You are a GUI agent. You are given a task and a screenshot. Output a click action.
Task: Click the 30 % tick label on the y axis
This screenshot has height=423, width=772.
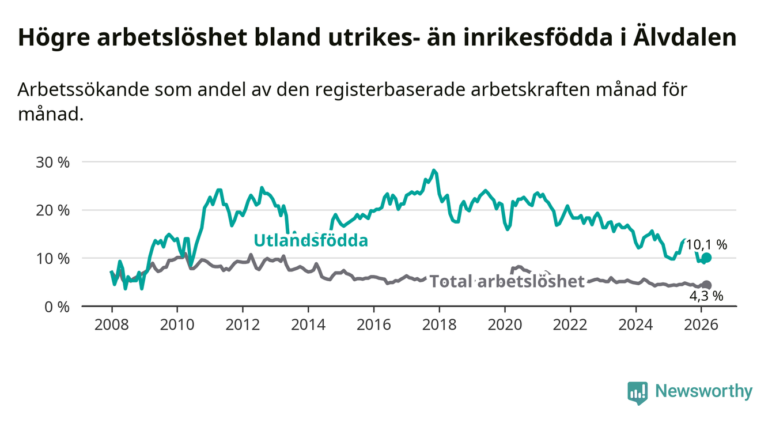pyautogui.click(x=52, y=162)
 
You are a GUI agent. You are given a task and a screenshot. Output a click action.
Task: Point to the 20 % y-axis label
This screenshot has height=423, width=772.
pyautogui.click(x=52, y=210)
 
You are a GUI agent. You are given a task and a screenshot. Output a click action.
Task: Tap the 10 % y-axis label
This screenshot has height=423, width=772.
pyautogui.click(x=52, y=258)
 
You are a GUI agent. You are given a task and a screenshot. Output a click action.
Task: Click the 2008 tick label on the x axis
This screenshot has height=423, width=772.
pyautogui.click(x=111, y=323)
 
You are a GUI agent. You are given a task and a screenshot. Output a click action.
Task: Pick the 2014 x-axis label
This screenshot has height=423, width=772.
pyautogui.click(x=308, y=323)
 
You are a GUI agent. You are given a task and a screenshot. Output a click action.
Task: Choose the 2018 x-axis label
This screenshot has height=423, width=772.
pyautogui.click(x=440, y=323)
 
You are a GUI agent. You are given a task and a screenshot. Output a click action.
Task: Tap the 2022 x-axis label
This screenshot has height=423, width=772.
pyautogui.click(x=570, y=323)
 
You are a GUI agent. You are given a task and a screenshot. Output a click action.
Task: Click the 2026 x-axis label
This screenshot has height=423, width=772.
pyautogui.click(x=702, y=323)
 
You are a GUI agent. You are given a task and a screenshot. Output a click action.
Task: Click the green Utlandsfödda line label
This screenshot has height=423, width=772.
pyautogui.click(x=311, y=240)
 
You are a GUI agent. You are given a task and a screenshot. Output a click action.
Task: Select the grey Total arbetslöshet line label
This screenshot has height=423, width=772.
pyautogui.click(x=508, y=281)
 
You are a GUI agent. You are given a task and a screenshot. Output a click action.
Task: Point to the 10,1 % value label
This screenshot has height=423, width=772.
pyautogui.click(x=706, y=244)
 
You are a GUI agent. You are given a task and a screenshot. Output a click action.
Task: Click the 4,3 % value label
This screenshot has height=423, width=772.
pyautogui.click(x=706, y=296)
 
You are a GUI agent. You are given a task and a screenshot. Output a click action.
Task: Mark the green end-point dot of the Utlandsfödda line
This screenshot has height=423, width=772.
pyautogui.click(x=707, y=258)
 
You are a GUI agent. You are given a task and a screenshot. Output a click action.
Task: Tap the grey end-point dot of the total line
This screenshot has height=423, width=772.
pyautogui.click(x=707, y=285)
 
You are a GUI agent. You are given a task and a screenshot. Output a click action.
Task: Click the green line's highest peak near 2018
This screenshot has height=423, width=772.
pyautogui.click(x=434, y=171)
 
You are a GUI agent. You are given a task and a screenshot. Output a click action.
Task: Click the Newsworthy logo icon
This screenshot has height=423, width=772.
pyautogui.click(x=638, y=392)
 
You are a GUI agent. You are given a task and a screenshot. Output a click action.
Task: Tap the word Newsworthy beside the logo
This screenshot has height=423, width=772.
pyautogui.click(x=704, y=392)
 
